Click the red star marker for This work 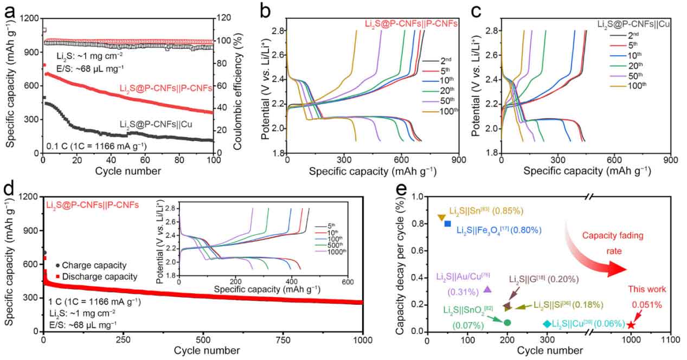[631, 325]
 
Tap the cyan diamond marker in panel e [547, 324]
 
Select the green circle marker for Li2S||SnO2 [507, 323]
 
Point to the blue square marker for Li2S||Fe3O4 [447, 223]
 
